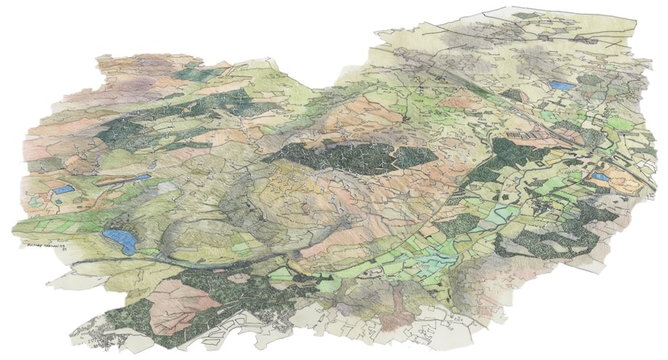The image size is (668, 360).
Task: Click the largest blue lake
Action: coord(120,239)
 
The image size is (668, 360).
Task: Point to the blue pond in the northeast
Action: coord(561,85)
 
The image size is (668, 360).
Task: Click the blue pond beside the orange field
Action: coord(601,176)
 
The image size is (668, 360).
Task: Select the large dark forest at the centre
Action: coord(348,158)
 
